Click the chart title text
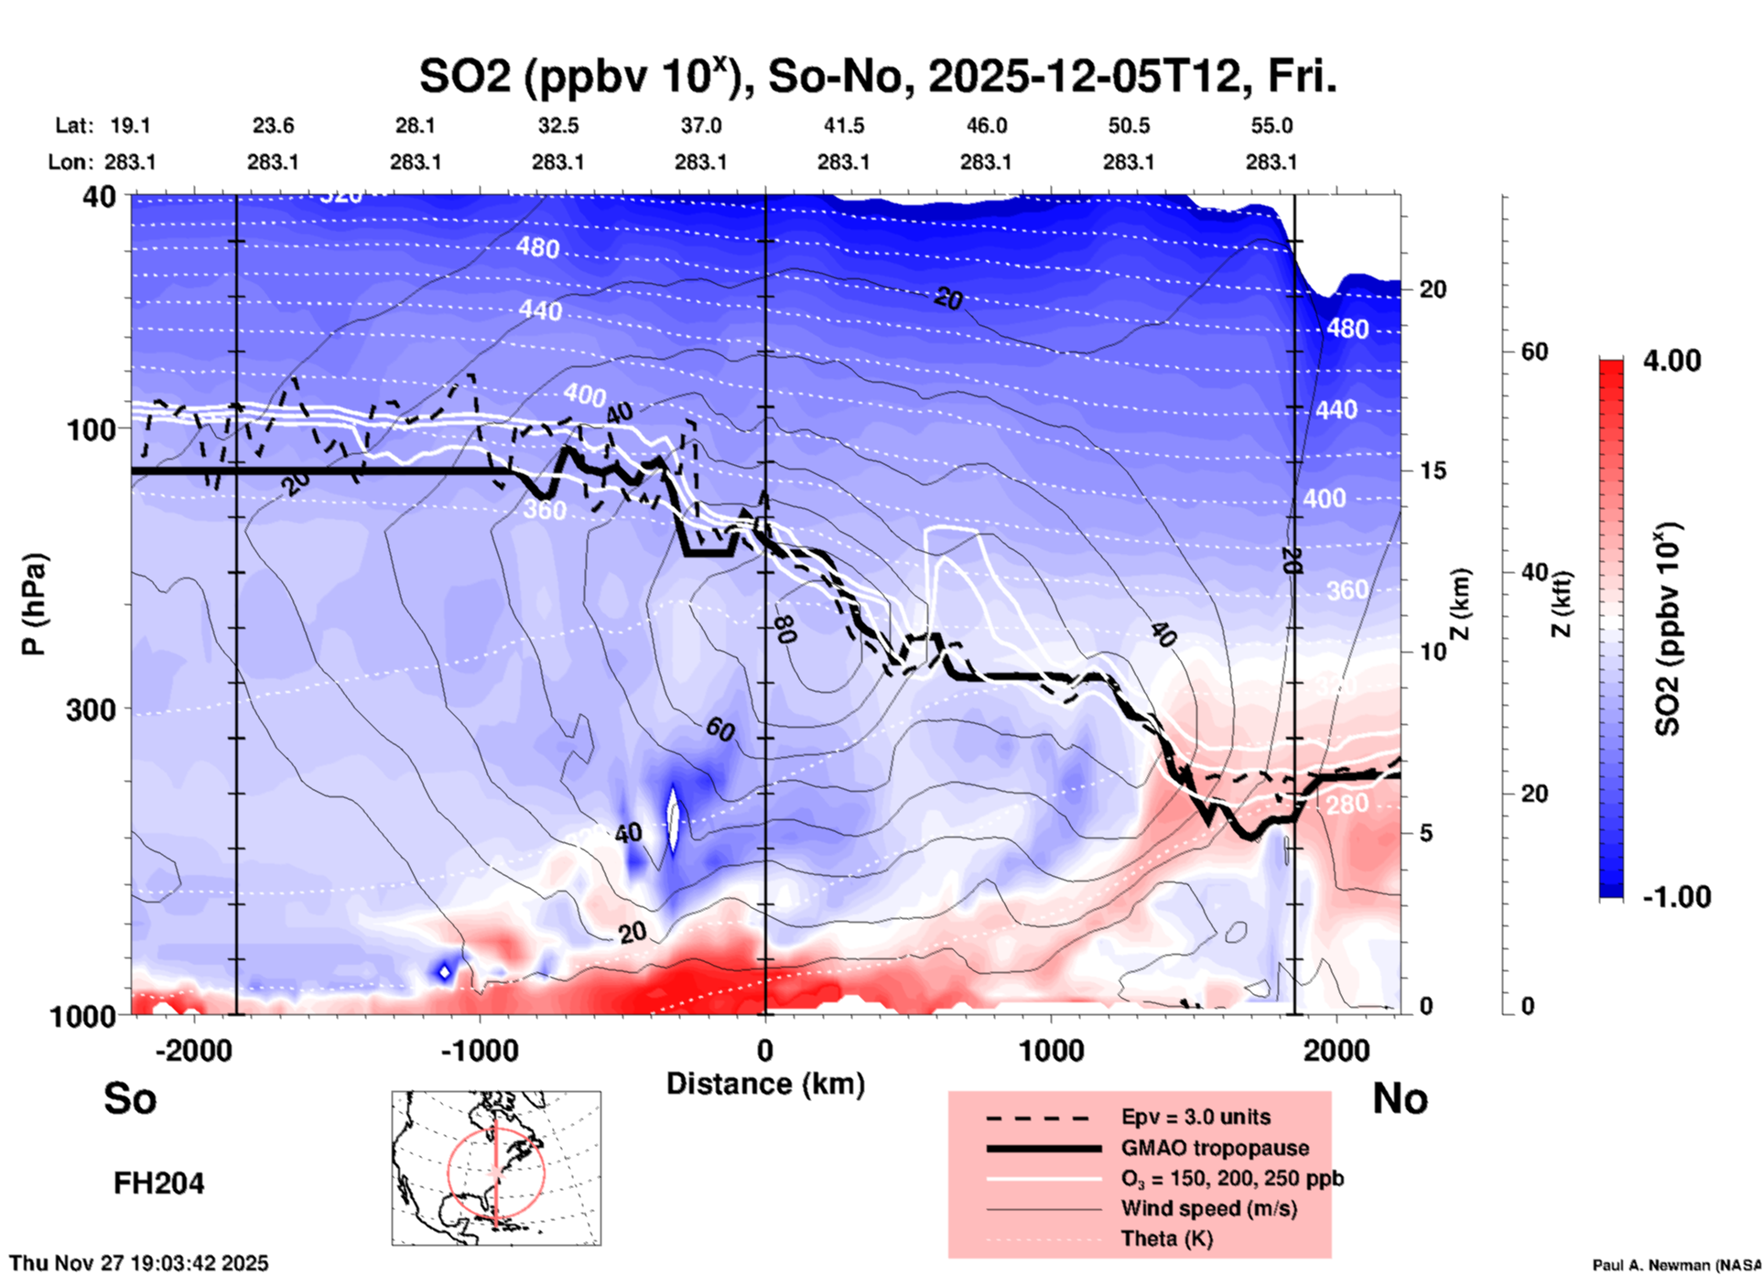coord(877,77)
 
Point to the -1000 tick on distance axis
coord(479,1050)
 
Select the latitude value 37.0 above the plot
coord(700,125)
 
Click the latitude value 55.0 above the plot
coord(1271,125)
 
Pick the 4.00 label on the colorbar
coord(1671,361)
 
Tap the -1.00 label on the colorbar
coord(1675,897)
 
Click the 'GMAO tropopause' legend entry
coord(1215,1148)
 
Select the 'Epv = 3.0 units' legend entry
coord(1195,1117)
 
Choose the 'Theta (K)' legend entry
coord(1167,1238)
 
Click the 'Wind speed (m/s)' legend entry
coord(1208,1208)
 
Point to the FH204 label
coord(158,1184)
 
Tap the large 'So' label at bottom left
coord(130,1098)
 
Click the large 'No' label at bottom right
coord(1400,1098)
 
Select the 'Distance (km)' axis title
coord(765,1084)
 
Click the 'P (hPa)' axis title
coord(34,604)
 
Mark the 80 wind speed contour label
coord(784,629)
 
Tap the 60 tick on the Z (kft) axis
coord(1534,351)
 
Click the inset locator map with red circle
coord(496,1167)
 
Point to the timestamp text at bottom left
coord(139,1263)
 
